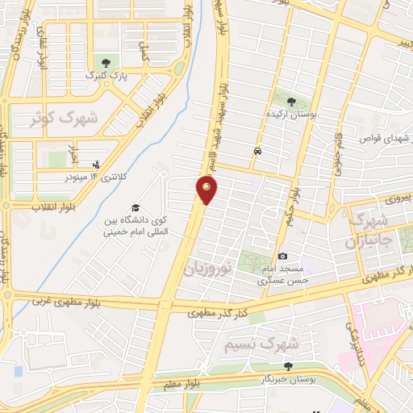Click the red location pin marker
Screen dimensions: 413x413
click(x=207, y=190)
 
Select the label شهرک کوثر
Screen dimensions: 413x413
click(x=64, y=118)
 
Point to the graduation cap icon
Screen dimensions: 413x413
click(x=135, y=207)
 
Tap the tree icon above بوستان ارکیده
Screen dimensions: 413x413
click(x=290, y=102)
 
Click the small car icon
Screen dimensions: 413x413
click(x=257, y=151)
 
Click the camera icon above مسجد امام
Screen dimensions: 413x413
click(x=282, y=256)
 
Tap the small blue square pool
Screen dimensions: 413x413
click(x=18, y=370)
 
